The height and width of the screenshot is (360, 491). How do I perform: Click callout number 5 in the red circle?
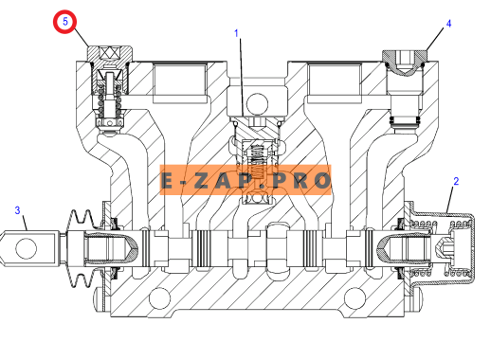click(65, 22)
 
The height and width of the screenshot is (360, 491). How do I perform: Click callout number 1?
click(236, 33)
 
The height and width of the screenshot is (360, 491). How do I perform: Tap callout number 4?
click(448, 24)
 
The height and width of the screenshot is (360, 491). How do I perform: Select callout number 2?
click(456, 181)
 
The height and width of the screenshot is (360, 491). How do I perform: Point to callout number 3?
click(17, 210)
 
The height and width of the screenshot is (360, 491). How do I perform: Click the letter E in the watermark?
click(168, 181)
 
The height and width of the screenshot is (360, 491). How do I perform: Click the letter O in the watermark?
click(322, 181)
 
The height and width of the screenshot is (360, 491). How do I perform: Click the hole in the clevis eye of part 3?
click(27, 249)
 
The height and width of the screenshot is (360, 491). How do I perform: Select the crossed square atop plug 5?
click(109, 52)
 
